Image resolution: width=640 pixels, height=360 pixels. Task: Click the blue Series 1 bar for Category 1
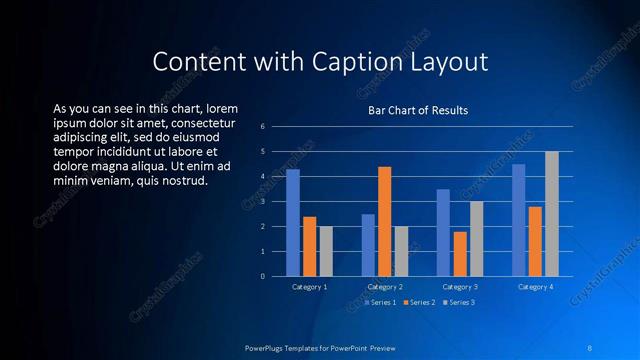tap(293, 222)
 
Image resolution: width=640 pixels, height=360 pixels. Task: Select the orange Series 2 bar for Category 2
tap(385, 221)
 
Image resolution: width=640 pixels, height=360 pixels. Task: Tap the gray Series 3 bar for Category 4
tap(551, 213)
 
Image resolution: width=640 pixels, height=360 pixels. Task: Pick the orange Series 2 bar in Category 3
tap(459, 253)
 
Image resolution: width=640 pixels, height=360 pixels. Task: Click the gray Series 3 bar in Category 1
tap(325, 251)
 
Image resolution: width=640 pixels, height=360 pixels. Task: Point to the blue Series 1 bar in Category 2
tap(368, 245)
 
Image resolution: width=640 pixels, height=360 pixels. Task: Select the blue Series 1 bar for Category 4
tap(518, 220)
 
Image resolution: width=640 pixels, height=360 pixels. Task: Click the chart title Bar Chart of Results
tap(418, 110)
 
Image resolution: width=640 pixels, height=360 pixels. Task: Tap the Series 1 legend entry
tap(381, 301)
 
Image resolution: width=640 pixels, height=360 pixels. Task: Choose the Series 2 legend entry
tap(419, 301)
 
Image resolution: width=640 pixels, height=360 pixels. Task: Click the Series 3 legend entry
tap(458, 301)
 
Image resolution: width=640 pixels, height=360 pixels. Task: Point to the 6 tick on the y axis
tap(262, 127)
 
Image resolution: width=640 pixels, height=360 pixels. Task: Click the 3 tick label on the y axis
tap(262, 201)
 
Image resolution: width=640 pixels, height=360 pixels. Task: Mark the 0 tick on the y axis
tap(262, 276)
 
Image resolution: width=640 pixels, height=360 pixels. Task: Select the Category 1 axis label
tap(309, 287)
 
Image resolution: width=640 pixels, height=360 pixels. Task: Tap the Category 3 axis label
tap(459, 287)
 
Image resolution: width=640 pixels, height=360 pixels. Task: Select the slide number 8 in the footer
tap(590, 347)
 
